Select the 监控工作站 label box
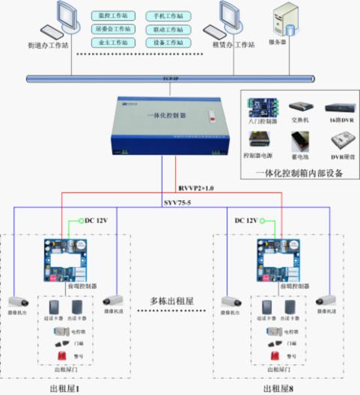[112, 15]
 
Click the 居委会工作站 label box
[112, 28]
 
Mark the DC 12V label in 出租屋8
[246, 221]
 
